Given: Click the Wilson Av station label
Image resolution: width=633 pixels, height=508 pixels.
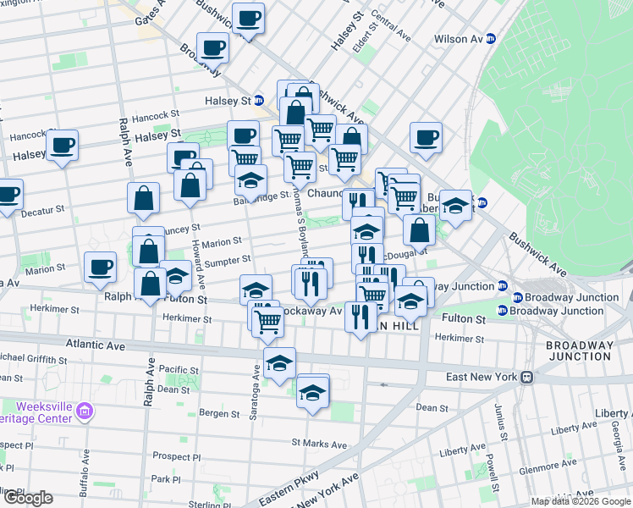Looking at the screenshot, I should tap(458, 39).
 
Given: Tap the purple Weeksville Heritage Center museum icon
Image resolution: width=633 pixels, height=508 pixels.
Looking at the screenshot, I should tap(84, 412).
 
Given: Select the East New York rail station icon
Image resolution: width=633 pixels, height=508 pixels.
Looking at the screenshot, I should tap(526, 377).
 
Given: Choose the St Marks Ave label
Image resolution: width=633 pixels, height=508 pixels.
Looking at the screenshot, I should tap(319, 444).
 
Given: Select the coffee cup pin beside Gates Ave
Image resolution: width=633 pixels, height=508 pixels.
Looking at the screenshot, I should tap(248, 19).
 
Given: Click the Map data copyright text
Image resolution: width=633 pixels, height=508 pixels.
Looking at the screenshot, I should tap(581, 501).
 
